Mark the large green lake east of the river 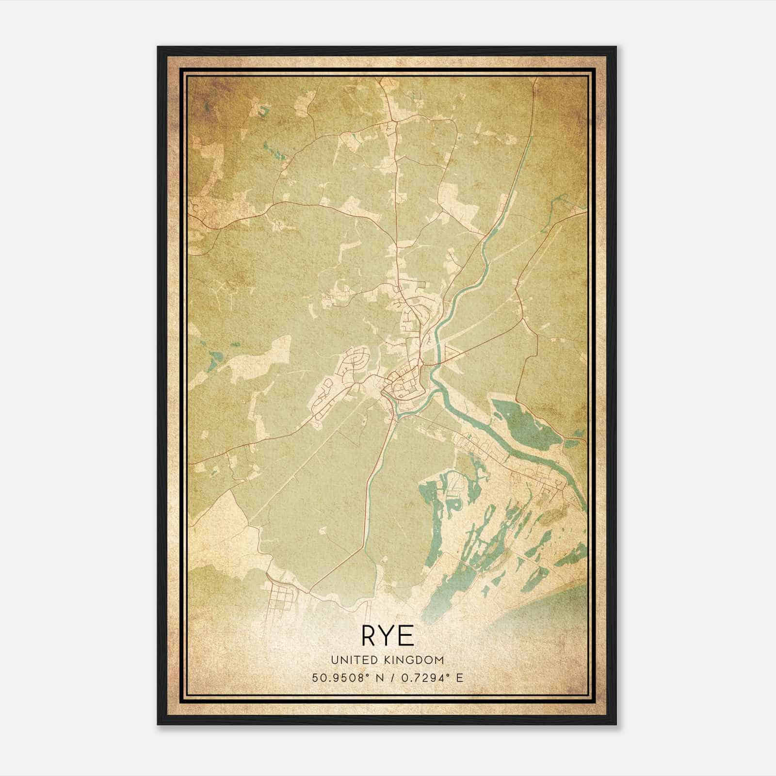click(x=526, y=422)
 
